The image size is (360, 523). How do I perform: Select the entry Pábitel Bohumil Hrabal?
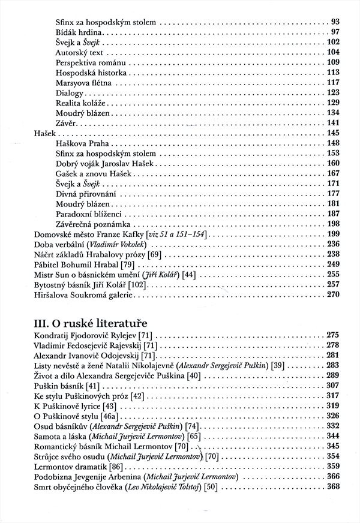[79, 264]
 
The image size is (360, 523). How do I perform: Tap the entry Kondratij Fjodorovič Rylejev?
[86, 334]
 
